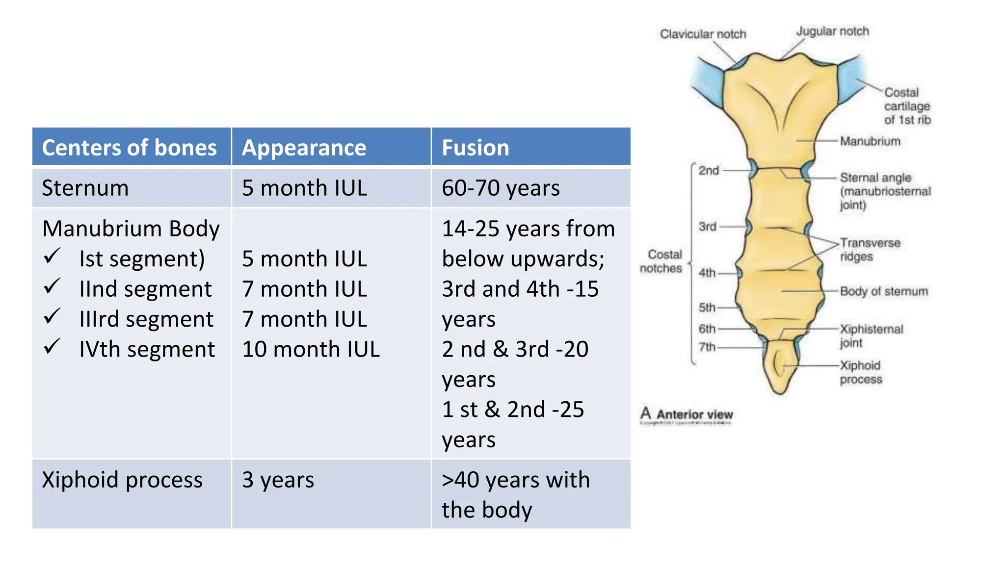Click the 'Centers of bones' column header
129,148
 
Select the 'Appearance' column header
304,148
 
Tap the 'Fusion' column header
475,148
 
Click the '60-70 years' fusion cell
501,188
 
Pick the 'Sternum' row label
85,188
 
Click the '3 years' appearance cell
278,480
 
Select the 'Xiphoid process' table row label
122,480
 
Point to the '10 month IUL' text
311,349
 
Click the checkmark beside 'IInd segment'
52,286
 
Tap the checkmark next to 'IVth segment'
52,347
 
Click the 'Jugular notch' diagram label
832,31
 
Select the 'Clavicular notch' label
703,34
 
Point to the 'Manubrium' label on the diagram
870,141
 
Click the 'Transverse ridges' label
870,250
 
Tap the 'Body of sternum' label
884,291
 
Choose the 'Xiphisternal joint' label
871,335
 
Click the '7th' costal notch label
707,347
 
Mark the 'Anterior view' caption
694,414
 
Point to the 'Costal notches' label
661,261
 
